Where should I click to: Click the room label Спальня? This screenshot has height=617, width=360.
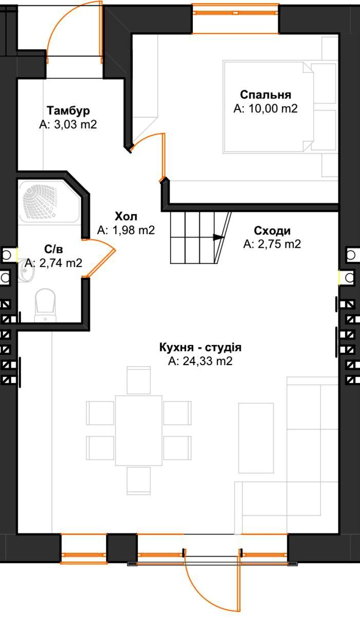click(265, 95)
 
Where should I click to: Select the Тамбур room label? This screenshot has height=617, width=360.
click(68, 111)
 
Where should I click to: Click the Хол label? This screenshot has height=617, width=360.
click(126, 216)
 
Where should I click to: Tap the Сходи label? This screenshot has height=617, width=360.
click(272, 230)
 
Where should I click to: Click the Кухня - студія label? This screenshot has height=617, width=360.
click(201, 348)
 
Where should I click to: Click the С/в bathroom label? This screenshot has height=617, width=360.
click(53, 249)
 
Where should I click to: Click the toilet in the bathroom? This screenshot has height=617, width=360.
click(45, 304)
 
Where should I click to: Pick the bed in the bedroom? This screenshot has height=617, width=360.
click(268, 106)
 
